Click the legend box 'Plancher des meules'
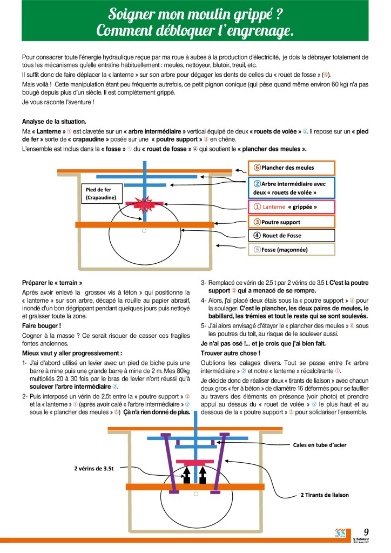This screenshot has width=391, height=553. pyautogui.click(x=292, y=168)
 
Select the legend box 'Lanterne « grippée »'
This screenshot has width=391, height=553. pyautogui.click(x=292, y=207)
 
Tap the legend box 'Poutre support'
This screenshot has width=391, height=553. pyautogui.click(x=292, y=222)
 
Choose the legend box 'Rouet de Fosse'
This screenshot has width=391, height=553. pyautogui.click(x=292, y=236)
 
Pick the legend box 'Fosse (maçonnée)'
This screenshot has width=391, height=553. pyautogui.click(x=292, y=250)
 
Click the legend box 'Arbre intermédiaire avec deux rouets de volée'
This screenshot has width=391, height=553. pyautogui.click(x=292, y=187)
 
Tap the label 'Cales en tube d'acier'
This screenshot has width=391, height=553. pyautogui.click(x=319, y=445)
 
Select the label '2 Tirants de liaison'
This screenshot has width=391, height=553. pyautogui.click(x=325, y=495)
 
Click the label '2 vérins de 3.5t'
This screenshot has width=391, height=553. pyautogui.click(x=94, y=469)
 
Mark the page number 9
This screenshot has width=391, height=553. pyautogui.click(x=366, y=532)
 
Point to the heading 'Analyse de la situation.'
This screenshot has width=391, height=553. pyautogui.click(x=54, y=121)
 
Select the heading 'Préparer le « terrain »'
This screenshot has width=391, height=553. pyautogui.click(x=52, y=283)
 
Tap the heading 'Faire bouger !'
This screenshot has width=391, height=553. pyautogui.click(x=42, y=326)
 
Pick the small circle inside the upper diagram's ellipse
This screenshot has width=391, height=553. pyautogui.click(x=144, y=231)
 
